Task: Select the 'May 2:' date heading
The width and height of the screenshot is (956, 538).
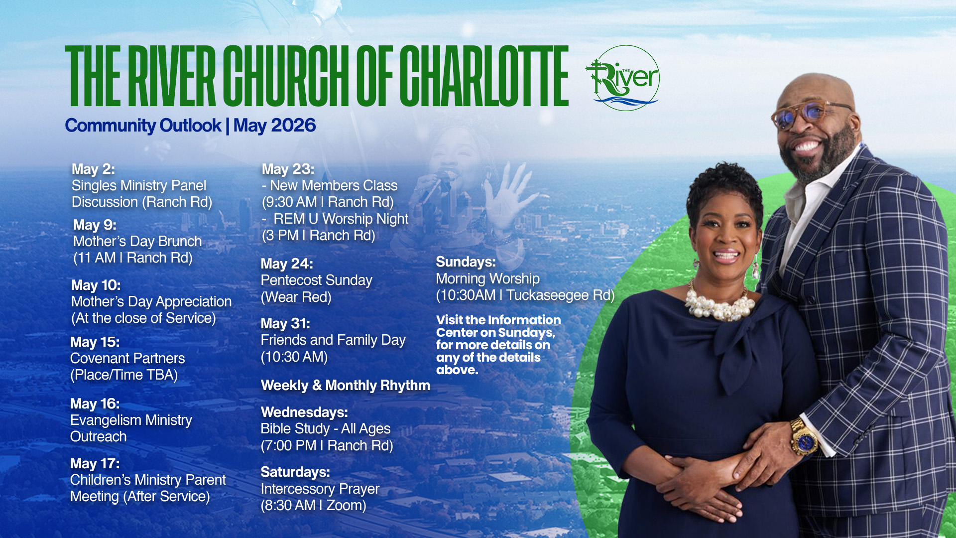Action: [x=93, y=169]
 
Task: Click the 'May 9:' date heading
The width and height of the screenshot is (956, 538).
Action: [x=95, y=225]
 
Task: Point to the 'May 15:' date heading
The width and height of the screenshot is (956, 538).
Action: [x=95, y=342]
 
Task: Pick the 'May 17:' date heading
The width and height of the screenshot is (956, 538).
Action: [x=95, y=463]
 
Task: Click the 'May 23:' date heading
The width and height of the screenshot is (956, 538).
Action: [x=288, y=169]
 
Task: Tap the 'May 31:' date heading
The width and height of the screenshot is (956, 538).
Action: [x=285, y=323]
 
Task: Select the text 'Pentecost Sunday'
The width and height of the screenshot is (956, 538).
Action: [x=317, y=280]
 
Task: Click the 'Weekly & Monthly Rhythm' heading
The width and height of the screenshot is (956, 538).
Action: [x=346, y=385]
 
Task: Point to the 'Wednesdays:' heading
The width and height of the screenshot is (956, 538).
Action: [x=304, y=412]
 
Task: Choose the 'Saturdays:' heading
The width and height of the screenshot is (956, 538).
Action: [x=295, y=472]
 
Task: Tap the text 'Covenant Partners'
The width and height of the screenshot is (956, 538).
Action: [x=127, y=358]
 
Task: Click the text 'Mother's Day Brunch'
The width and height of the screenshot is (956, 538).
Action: [x=137, y=241]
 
